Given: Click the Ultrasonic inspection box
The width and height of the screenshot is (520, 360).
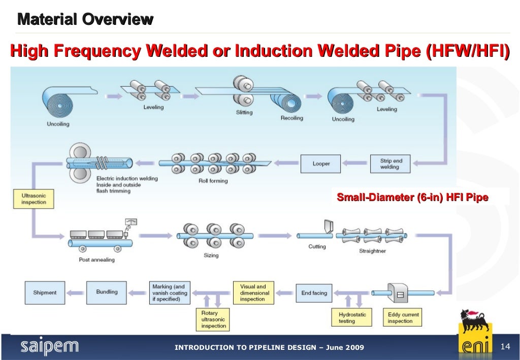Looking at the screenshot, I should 33,199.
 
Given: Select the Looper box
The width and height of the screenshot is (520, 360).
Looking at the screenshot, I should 320,164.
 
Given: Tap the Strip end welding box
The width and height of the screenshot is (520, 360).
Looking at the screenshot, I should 391,164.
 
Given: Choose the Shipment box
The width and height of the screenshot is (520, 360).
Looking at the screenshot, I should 45,292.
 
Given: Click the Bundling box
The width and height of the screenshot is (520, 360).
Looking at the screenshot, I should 107,292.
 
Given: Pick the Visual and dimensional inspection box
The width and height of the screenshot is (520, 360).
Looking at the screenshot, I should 253,293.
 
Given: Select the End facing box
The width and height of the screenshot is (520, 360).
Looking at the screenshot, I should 314,293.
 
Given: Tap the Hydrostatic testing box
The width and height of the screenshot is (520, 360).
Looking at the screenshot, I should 349,318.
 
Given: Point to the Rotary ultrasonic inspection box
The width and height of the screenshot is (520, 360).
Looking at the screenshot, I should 213,319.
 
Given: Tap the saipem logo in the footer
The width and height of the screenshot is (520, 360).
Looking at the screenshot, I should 49,347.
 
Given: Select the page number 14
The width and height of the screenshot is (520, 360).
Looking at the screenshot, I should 505,347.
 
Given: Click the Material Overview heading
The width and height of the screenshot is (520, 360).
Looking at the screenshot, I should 85,20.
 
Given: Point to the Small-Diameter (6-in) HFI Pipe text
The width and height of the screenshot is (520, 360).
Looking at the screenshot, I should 412,198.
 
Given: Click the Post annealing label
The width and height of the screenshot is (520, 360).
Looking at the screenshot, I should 96,259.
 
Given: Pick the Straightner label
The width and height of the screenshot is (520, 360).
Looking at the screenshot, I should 372,251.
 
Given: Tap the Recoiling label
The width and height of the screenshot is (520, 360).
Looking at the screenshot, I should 291,118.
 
